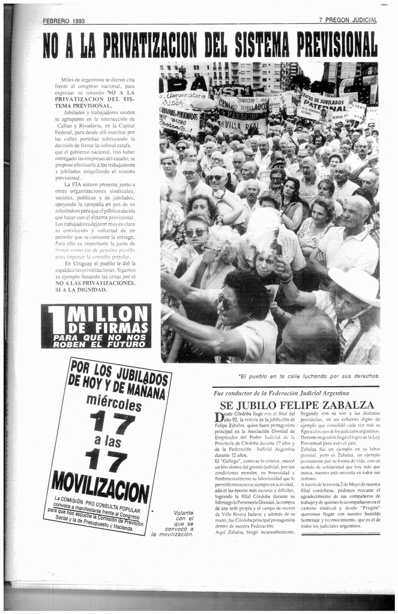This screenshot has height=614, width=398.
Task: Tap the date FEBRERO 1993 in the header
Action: pos(64,20)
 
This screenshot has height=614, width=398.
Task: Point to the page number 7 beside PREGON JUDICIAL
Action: pos(321,20)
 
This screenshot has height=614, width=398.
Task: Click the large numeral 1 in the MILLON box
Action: pos(56,326)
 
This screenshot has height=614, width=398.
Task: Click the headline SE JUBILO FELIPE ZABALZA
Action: pos(297,405)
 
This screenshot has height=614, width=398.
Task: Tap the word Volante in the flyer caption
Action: pos(183,513)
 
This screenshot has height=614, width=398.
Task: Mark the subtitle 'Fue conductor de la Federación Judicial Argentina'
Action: pos(281,393)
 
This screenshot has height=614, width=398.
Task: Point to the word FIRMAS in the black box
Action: pos(124,328)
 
